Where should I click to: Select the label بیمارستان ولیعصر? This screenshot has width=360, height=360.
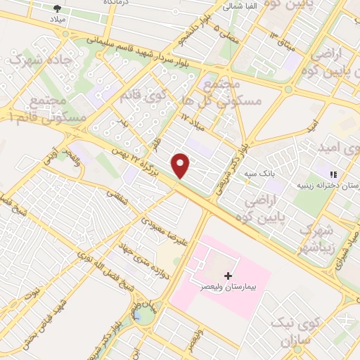[x=227, y=288]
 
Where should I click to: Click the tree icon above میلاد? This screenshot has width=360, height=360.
[x=57, y=8]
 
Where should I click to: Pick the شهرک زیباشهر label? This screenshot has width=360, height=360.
[x=314, y=240]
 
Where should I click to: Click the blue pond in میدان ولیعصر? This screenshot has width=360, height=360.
[x=146, y=317]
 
